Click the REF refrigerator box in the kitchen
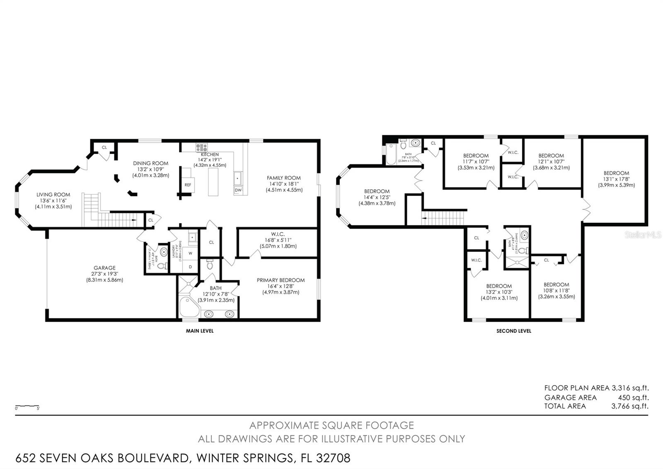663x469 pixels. [188, 184]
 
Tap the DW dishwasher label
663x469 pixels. [238, 190]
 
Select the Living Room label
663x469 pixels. [53, 200]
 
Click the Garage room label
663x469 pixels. [104, 274]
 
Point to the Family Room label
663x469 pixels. [284, 184]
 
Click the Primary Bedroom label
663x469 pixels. [281, 286]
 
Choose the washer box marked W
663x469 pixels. [191, 253]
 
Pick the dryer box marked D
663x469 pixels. [191, 267]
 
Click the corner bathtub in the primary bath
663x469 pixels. [189, 308]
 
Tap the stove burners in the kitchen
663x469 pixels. [201, 147]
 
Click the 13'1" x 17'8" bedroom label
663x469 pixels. [616, 179]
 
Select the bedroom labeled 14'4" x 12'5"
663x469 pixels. [377, 197]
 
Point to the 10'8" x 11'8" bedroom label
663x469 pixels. [556, 291]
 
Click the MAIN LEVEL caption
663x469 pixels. [200, 331]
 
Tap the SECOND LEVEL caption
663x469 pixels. [513, 331]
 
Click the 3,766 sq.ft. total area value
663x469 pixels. [629, 406]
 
